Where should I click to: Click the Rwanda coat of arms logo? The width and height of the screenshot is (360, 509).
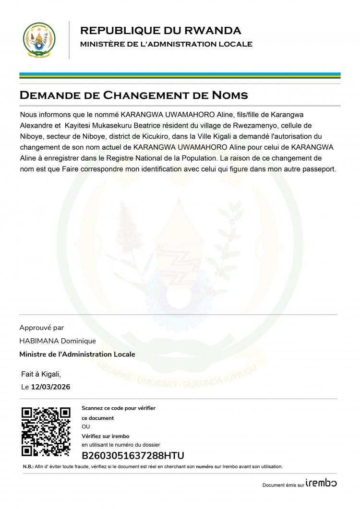[x=39, y=40]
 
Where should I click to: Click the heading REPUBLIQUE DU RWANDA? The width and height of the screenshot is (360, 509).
[x=160, y=31]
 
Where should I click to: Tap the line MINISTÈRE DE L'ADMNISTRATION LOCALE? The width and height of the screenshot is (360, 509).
[x=166, y=44]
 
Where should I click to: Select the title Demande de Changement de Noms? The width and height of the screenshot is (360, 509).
[x=133, y=95]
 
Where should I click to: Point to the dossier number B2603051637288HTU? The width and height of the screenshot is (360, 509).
[x=133, y=456]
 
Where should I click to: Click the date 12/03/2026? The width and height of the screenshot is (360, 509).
[x=50, y=387]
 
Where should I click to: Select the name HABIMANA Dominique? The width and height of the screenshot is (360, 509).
[x=58, y=341]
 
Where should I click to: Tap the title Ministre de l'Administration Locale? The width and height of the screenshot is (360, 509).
[x=77, y=354]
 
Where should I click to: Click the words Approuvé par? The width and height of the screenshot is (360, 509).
[x=41, y=328]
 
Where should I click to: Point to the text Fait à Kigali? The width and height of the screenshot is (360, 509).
[x=41, y=374]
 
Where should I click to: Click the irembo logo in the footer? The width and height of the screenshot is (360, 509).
[x=321, y=483]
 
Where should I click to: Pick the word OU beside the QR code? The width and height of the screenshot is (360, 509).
[x=86, y=426]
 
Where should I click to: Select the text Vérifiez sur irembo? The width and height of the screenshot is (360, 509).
[x=105, y=436]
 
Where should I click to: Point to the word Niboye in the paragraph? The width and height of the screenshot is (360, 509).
[x=32, y=136]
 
